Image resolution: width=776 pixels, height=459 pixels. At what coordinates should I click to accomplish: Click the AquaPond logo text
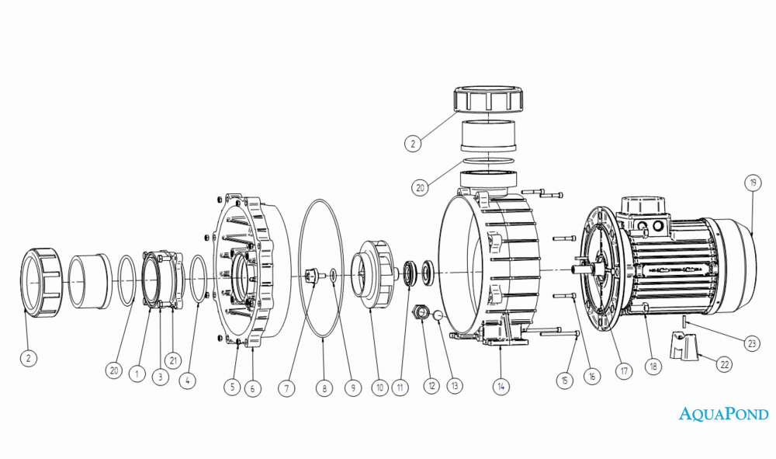click(x=723, y=413)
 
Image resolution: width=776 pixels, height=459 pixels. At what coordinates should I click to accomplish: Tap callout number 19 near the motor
click(x=753, y=183)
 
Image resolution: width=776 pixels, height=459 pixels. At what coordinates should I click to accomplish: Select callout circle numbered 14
click(x=501, y=386)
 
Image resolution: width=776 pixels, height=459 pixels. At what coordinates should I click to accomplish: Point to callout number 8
click(x=324, y=388)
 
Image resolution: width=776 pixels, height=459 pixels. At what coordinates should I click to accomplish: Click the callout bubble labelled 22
click(x=725, y=365)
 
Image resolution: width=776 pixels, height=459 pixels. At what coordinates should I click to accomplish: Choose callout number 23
click(x=752, y=343)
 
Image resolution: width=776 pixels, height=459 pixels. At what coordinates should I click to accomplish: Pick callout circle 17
click(x=624, y=370)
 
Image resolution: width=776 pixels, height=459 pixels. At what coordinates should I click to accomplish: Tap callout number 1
click(x=137, y=374)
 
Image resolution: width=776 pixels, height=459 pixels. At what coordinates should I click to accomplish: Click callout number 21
click(x=173, y=360)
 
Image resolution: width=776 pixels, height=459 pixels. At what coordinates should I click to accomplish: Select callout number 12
click(x=431, y=386)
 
